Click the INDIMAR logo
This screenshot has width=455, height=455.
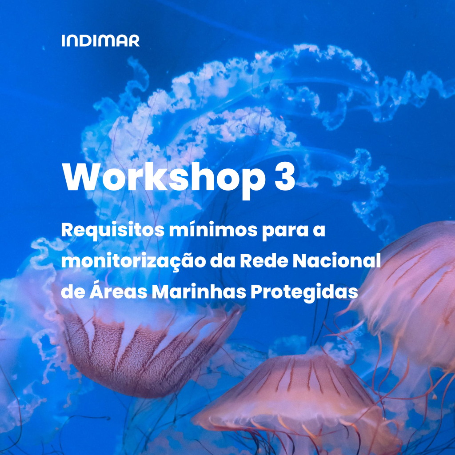(x=100, y=40)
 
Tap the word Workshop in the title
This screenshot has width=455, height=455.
(x=164, y=178)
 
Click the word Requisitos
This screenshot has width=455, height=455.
(x=112, y=231)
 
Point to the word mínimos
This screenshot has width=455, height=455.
(x=213, y=230)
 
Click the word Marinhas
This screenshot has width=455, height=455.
(x=199, y=291)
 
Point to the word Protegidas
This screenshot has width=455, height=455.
(x=304, y=292)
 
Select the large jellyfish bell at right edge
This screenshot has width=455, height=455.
(x=412, y=296)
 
